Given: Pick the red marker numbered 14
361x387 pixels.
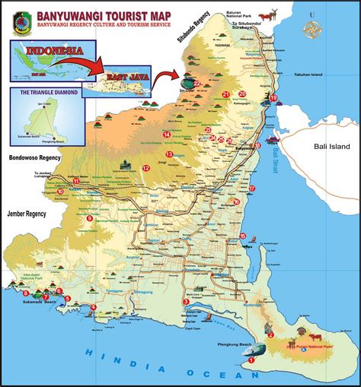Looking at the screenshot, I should [166, 135].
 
